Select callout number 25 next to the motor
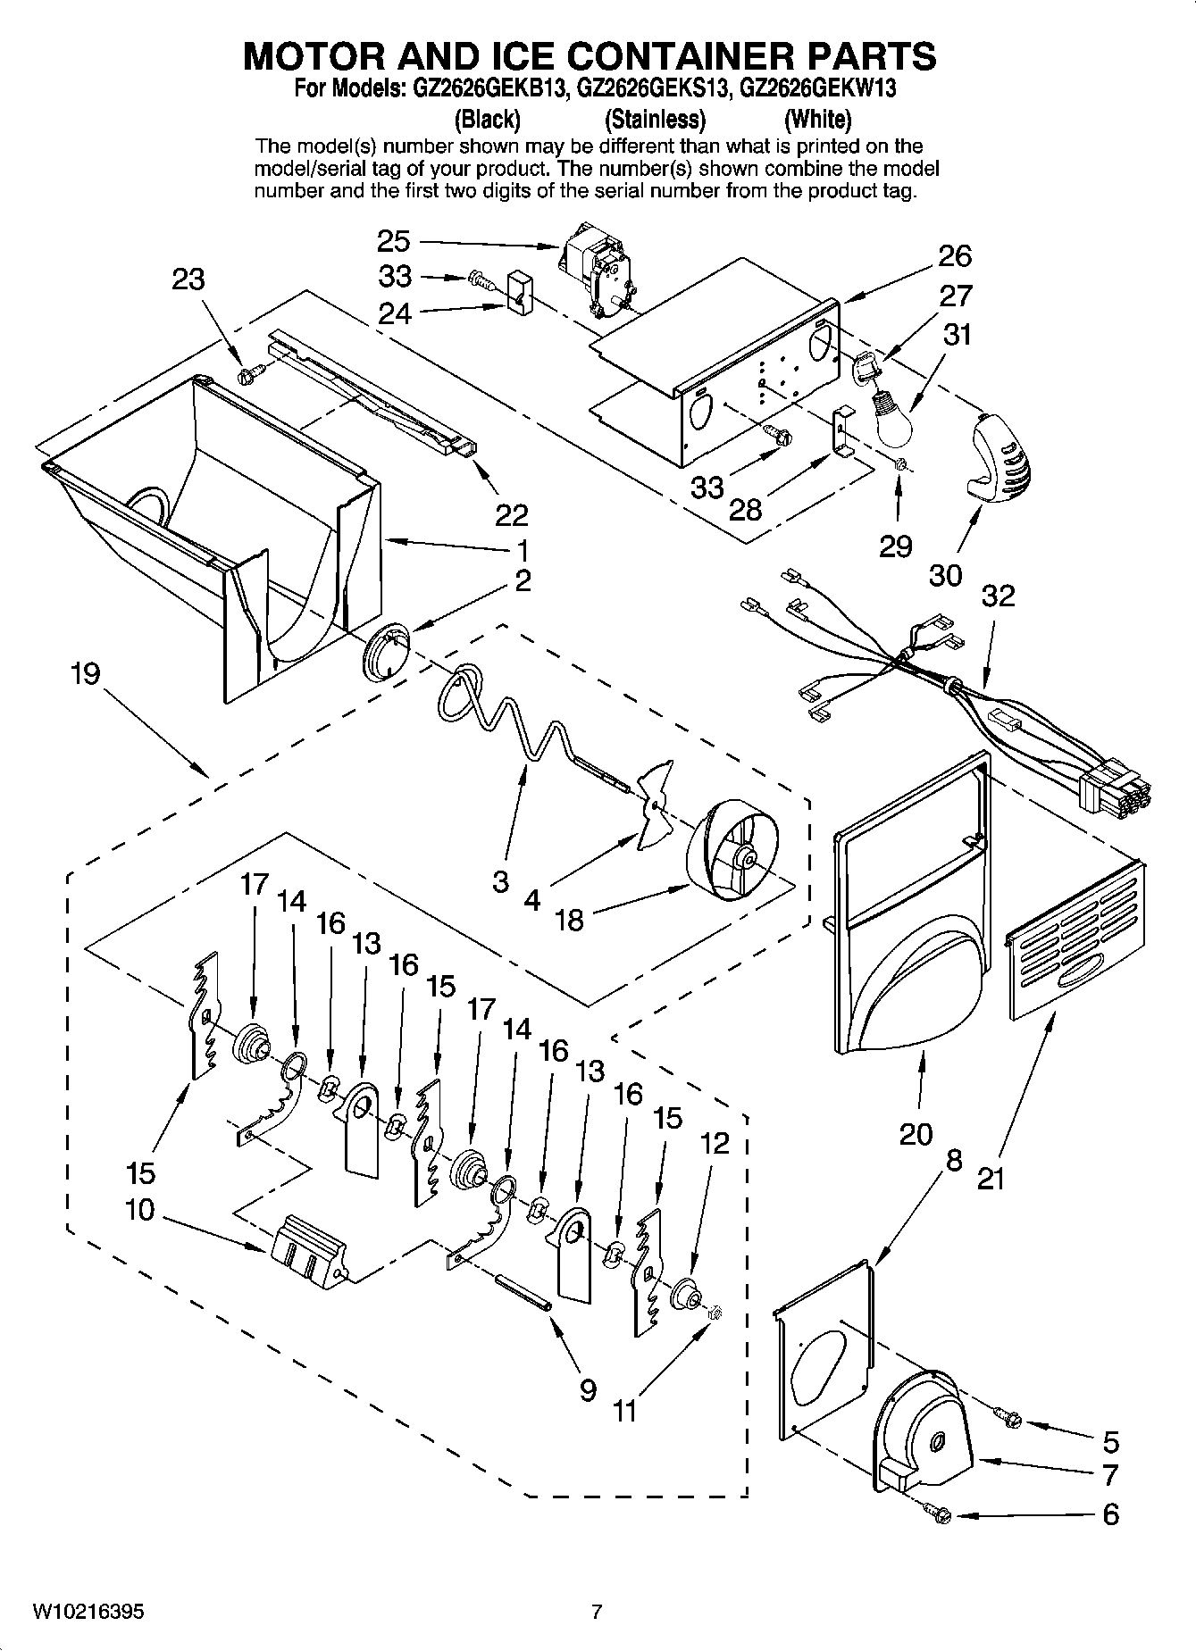point(393,241)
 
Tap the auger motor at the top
point(598,266)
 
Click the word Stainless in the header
point(655,119)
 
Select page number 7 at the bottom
point(597,1612)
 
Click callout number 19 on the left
point(86,672)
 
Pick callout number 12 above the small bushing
point(715,1143)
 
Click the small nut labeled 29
point(901,463)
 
